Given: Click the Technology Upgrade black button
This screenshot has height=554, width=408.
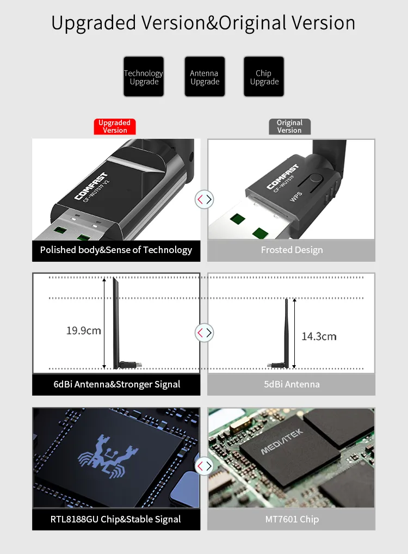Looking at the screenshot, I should [x=144, y=77].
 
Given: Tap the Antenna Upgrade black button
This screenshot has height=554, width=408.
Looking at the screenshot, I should [x=205, y=77].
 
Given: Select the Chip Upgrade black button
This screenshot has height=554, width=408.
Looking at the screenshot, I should [x=264, y=77].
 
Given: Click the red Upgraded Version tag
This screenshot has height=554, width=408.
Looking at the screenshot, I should [x=115, y=126].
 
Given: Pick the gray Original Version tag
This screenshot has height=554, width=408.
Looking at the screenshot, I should [x=289, y=126].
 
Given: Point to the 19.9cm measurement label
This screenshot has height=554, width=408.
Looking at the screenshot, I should [x=84, y=330].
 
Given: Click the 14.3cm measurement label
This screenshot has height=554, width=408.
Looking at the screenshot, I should [x=319, y=336].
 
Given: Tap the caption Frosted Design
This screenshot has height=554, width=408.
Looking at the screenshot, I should [x=292, y=250].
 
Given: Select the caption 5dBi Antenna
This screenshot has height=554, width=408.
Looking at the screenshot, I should [x=292, y=384].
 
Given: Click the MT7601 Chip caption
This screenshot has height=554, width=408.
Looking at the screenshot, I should [x=292, y=519].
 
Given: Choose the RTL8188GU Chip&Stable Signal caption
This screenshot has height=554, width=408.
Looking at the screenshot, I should [x=116, y=519].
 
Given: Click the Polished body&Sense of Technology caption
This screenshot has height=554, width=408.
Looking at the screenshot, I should [x=116, y=250].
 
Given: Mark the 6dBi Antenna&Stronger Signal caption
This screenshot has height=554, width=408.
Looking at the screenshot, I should [x=116, y=384].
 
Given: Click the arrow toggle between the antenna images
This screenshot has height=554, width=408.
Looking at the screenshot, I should [x=205, y=333].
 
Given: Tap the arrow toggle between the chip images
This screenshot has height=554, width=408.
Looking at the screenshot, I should [x=205, y=466].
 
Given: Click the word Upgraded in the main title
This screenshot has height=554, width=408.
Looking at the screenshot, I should [x=94, y=23].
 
